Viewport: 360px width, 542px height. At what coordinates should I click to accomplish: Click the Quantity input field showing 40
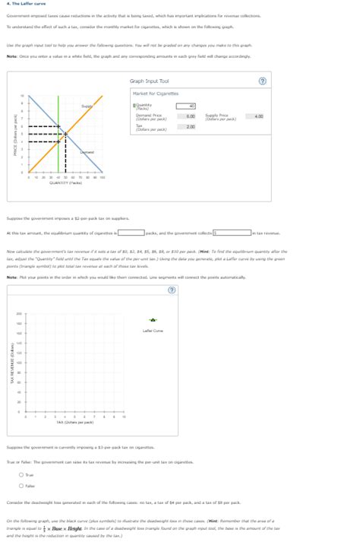186,106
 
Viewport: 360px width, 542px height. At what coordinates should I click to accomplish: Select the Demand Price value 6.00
191,116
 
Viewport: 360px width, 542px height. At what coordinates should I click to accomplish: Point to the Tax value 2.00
191,127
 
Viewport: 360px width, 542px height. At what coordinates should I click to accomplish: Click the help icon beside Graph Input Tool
263,81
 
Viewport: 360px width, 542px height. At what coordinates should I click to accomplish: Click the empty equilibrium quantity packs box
131,233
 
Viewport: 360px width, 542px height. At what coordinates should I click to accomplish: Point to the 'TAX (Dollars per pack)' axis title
78,422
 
